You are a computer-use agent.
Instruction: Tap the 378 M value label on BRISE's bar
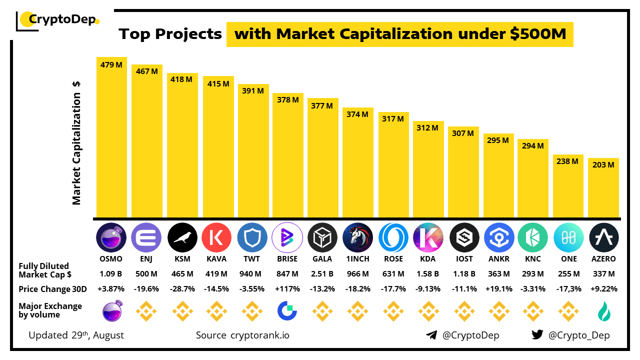point(287,100)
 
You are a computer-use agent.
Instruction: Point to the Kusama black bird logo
point(182,237)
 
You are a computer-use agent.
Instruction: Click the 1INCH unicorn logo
point(358,237)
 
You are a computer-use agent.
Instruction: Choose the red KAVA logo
point(216,237)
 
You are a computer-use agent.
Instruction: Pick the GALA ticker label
point(322,259)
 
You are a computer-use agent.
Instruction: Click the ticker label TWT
point(251,259)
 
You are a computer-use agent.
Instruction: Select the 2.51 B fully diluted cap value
point(322,274)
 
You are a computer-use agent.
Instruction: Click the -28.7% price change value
point(182,289)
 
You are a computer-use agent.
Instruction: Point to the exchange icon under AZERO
point(603,311)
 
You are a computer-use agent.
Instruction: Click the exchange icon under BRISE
point(287,311)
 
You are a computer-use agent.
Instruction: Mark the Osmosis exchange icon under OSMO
point(111,311)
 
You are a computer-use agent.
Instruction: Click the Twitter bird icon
point(537,335)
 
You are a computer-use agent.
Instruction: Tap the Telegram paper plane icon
point(431,335)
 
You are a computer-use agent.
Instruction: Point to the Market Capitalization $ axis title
point(76,143)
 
